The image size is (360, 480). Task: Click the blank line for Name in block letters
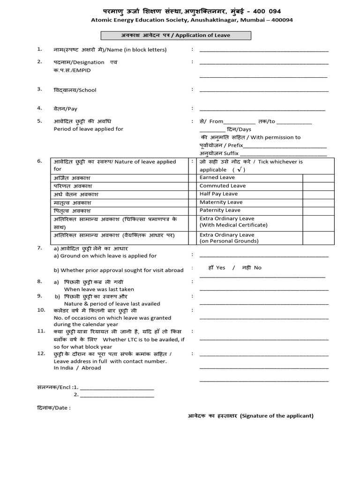point(264,51)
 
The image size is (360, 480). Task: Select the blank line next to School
point(264,91)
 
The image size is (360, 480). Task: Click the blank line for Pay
point(262,110)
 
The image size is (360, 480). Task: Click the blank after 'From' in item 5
point(240,122)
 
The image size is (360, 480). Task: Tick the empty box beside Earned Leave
point(319,178)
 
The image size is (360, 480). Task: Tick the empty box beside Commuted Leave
point(319,186)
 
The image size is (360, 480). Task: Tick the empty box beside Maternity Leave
point(319,202)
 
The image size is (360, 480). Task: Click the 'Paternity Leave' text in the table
point(220,210)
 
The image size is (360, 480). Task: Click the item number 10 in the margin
point(41,310)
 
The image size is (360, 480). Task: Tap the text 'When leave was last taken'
point(99,289)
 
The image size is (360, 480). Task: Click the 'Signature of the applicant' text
point(277,416)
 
